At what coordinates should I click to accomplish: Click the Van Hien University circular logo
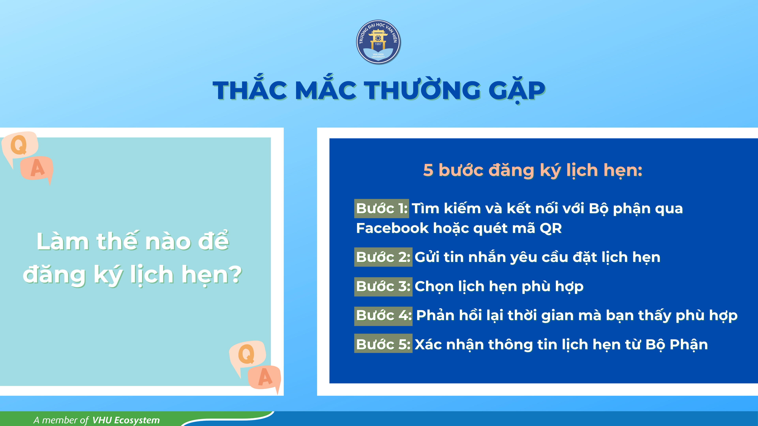378,42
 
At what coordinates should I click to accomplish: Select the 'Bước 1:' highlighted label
381,208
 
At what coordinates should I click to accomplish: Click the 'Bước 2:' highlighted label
383,257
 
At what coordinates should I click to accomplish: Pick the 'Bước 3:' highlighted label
383,286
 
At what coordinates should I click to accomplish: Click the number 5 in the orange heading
428,170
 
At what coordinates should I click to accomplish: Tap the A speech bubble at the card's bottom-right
265,377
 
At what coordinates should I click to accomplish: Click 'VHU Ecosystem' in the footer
126,420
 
